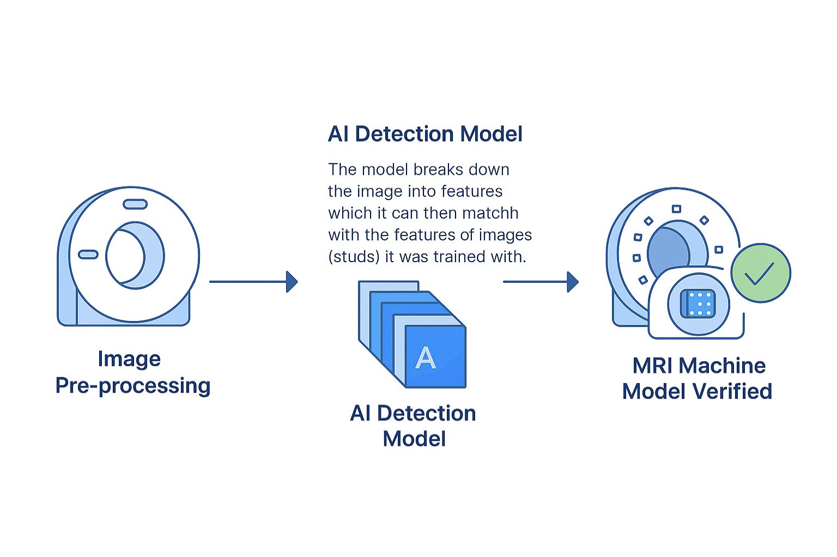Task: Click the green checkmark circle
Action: (760, 273)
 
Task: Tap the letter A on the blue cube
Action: (425, 358)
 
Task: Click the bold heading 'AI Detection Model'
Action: (425, 134)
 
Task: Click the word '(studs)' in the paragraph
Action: (354, 257)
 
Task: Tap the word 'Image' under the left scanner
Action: (129, 359)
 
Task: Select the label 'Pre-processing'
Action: (133, 385)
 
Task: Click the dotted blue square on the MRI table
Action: (698, 304)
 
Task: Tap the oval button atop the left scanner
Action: (135, 204)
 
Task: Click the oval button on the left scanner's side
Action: (88, 255)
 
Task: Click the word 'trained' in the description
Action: (459, 257)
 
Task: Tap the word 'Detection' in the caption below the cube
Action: (426, 414)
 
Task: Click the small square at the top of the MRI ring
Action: (676, 209)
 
